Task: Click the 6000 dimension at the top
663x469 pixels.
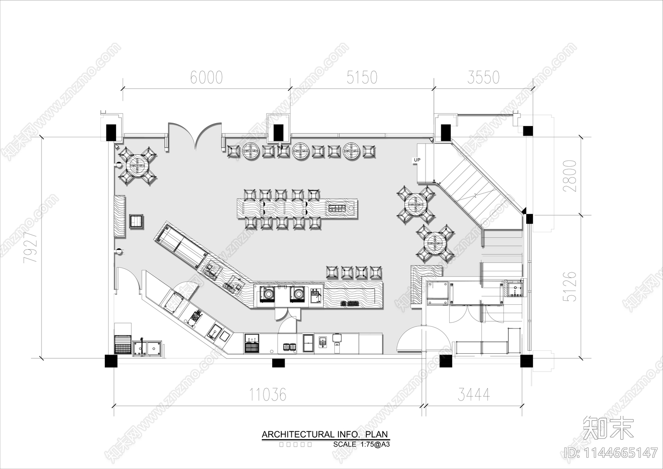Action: pyautogui.click(x=206, y=78)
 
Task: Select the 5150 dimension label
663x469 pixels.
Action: pyautogui.click(x=362, y=78)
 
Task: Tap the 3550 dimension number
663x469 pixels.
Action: pyautogui.click(x=483, y=78)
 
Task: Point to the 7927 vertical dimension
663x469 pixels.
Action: pyautogui.click(x=30, y=248)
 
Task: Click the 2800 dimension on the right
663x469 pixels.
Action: pyautogui.click(x=571, y=175)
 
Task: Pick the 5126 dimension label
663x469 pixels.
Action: pyautogui.click(x=571, y=286)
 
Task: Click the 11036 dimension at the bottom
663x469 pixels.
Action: pyautogui.click(x=268, y=394)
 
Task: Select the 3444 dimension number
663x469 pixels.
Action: pyautogui.click(x=474, y=394)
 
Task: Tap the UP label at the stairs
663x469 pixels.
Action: pyautogui.click(x=417, y=160)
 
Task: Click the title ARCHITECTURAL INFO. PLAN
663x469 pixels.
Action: pyautogui.click(x=325, y=435)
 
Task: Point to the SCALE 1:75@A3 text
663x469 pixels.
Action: pyautogui.click(x=362, y=444)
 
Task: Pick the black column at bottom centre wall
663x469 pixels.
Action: pyautogui.click(x=278, y=363)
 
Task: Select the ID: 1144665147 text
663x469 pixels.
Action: pyautogui.click(x=611, y=452)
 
